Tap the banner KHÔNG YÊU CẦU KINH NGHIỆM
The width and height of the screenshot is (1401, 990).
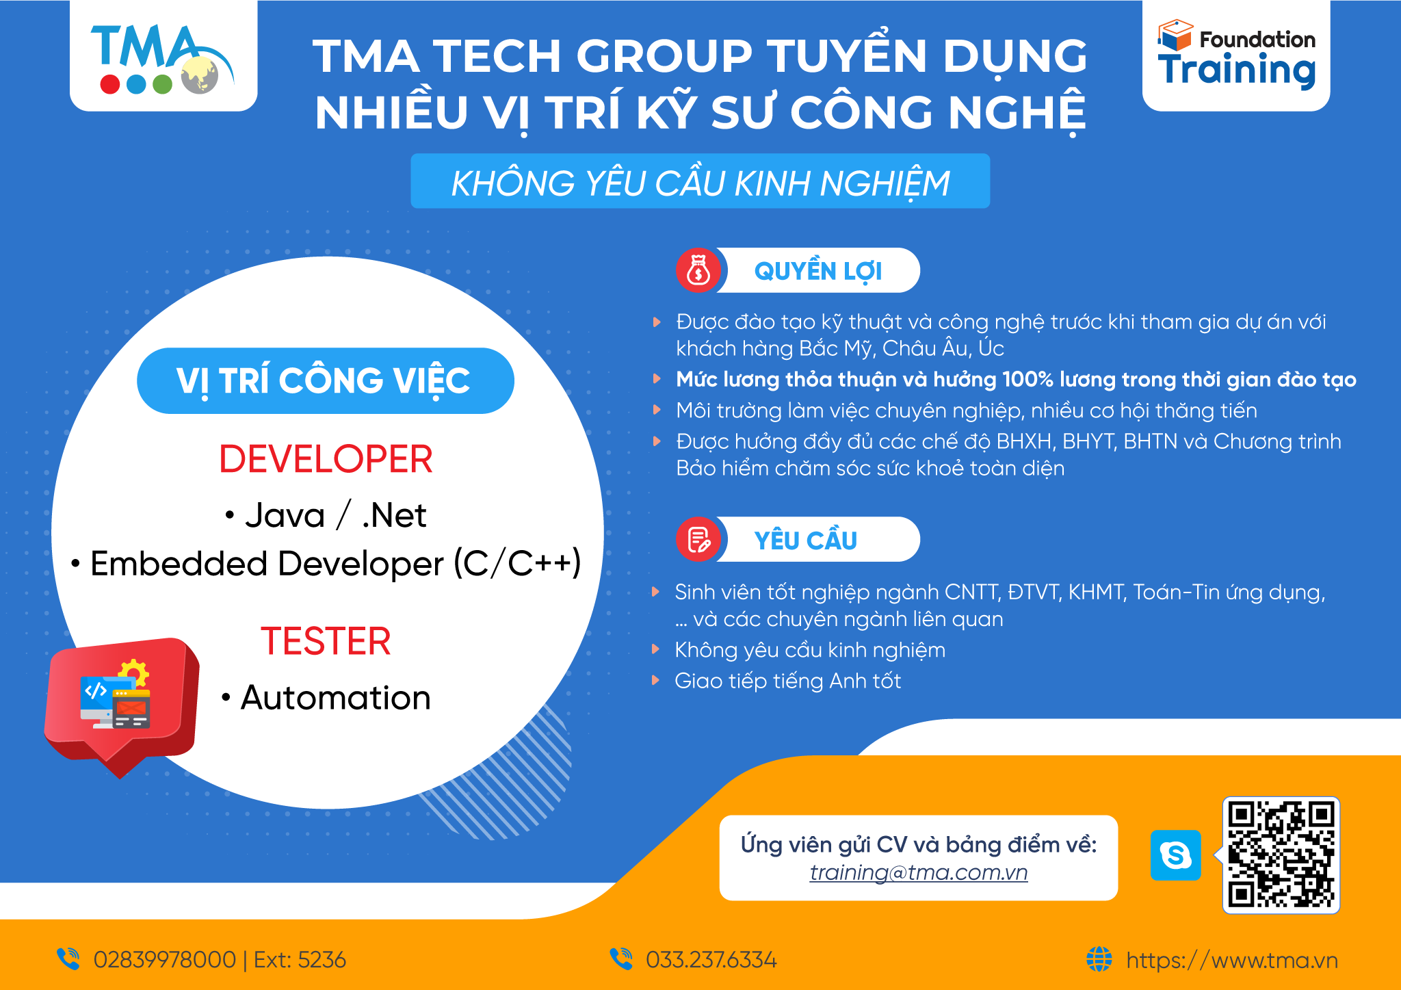click(x=700, y=181)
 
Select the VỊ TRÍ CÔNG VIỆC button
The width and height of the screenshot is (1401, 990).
click(x=326, y=381)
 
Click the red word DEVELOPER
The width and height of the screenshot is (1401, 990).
click(x=326, y=458)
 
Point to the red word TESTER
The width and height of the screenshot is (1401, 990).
click(x=326, y=641)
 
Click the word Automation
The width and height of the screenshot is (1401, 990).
click(x=336, y=698)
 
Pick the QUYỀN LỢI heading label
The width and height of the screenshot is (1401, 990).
click(x=818, y=271)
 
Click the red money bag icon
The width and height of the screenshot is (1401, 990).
click(x=698, y=270)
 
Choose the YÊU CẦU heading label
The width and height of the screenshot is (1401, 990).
click(x=806, y=540)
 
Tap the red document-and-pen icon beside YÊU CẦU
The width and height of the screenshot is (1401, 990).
click(x=698, y=539)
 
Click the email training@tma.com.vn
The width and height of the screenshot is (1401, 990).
click(x=919, y=873)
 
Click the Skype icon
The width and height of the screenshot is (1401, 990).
click(x=1175, y=855)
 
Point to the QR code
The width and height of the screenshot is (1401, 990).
click(x=1281, y=855)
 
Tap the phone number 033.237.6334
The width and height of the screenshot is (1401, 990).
click(x=711, y=960)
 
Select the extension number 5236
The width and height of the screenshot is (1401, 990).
click(x=322, y=960)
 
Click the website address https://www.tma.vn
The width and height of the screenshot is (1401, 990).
click(x=1232, y=960)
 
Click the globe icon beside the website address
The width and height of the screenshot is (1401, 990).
click(x=1099, y=959)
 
